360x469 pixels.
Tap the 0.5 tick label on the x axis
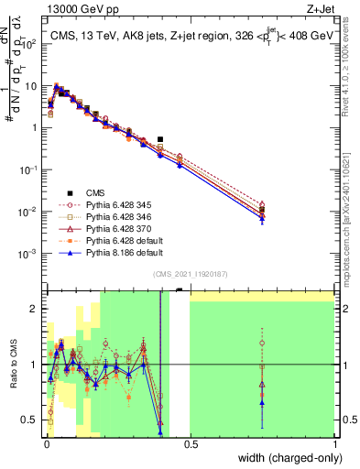[190, 443]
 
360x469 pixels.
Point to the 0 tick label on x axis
[45, 443]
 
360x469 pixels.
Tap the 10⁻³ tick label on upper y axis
[31, 253]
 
